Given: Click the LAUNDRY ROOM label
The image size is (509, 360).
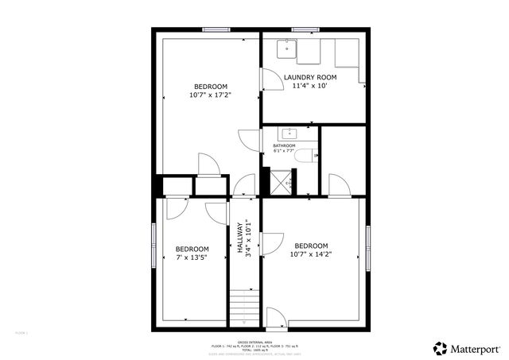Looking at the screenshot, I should (x=314, y=77).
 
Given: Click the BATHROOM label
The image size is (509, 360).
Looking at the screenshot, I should (x=284, y=146).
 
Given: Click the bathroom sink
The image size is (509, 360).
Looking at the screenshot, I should (x=289, y=133).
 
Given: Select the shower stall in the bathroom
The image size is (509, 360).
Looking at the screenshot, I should (x=280, y=184).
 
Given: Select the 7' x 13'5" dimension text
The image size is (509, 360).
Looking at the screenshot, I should (x=192, y=257).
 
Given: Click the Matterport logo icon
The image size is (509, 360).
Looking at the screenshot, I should (x=441, y=348).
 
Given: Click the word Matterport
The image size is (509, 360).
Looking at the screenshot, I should (x=476, y=348).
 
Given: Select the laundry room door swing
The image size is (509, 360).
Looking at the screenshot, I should (x=270, y=79).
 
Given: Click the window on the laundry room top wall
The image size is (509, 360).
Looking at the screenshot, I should (x=305, y=30).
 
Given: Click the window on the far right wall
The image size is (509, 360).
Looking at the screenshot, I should (x=368, y=246).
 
